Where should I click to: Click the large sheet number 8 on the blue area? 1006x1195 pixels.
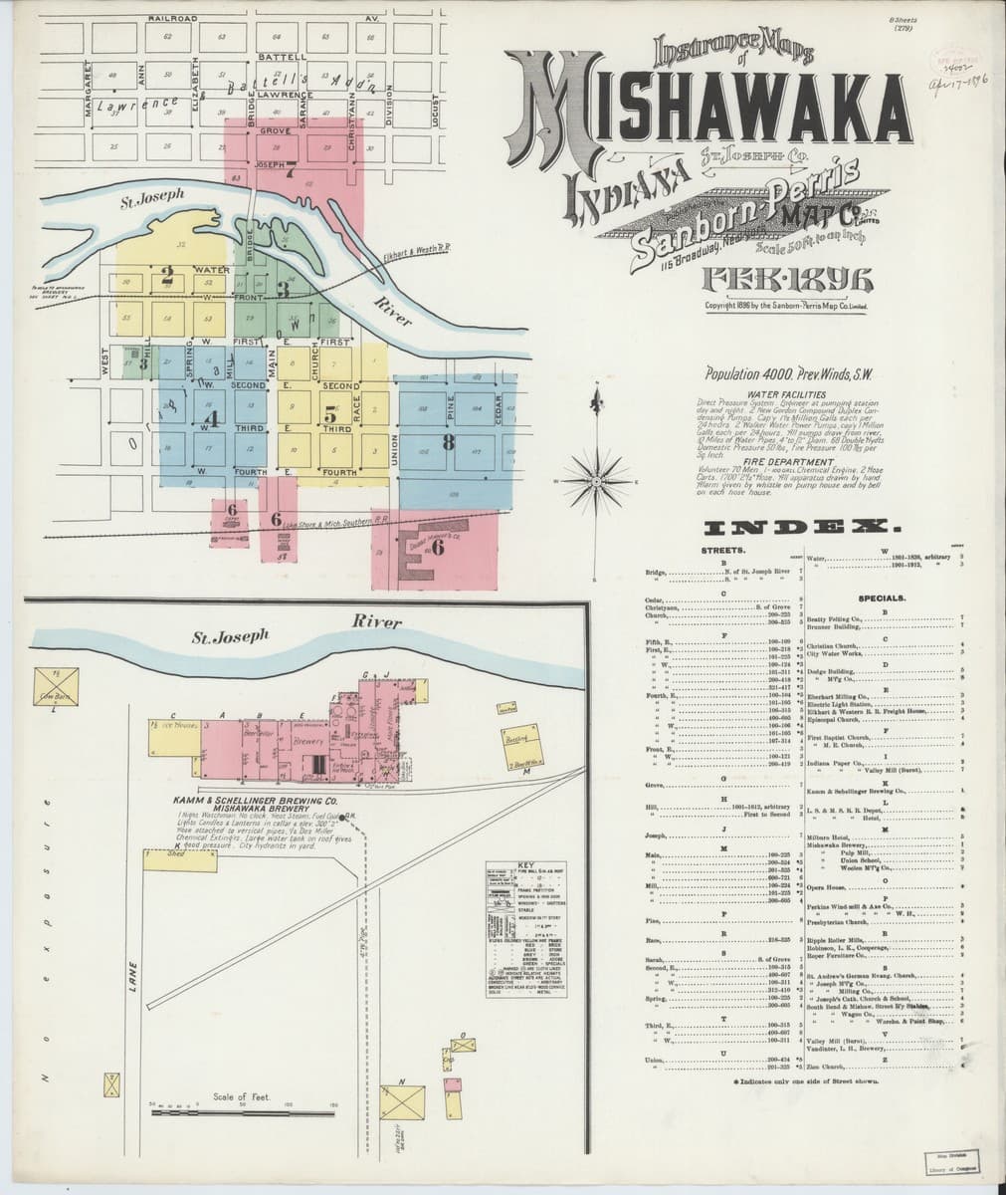coord(450,442)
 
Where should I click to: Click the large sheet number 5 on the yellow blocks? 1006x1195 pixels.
coord(329,415)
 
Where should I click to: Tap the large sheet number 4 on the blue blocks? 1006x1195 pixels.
coord(212,418)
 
